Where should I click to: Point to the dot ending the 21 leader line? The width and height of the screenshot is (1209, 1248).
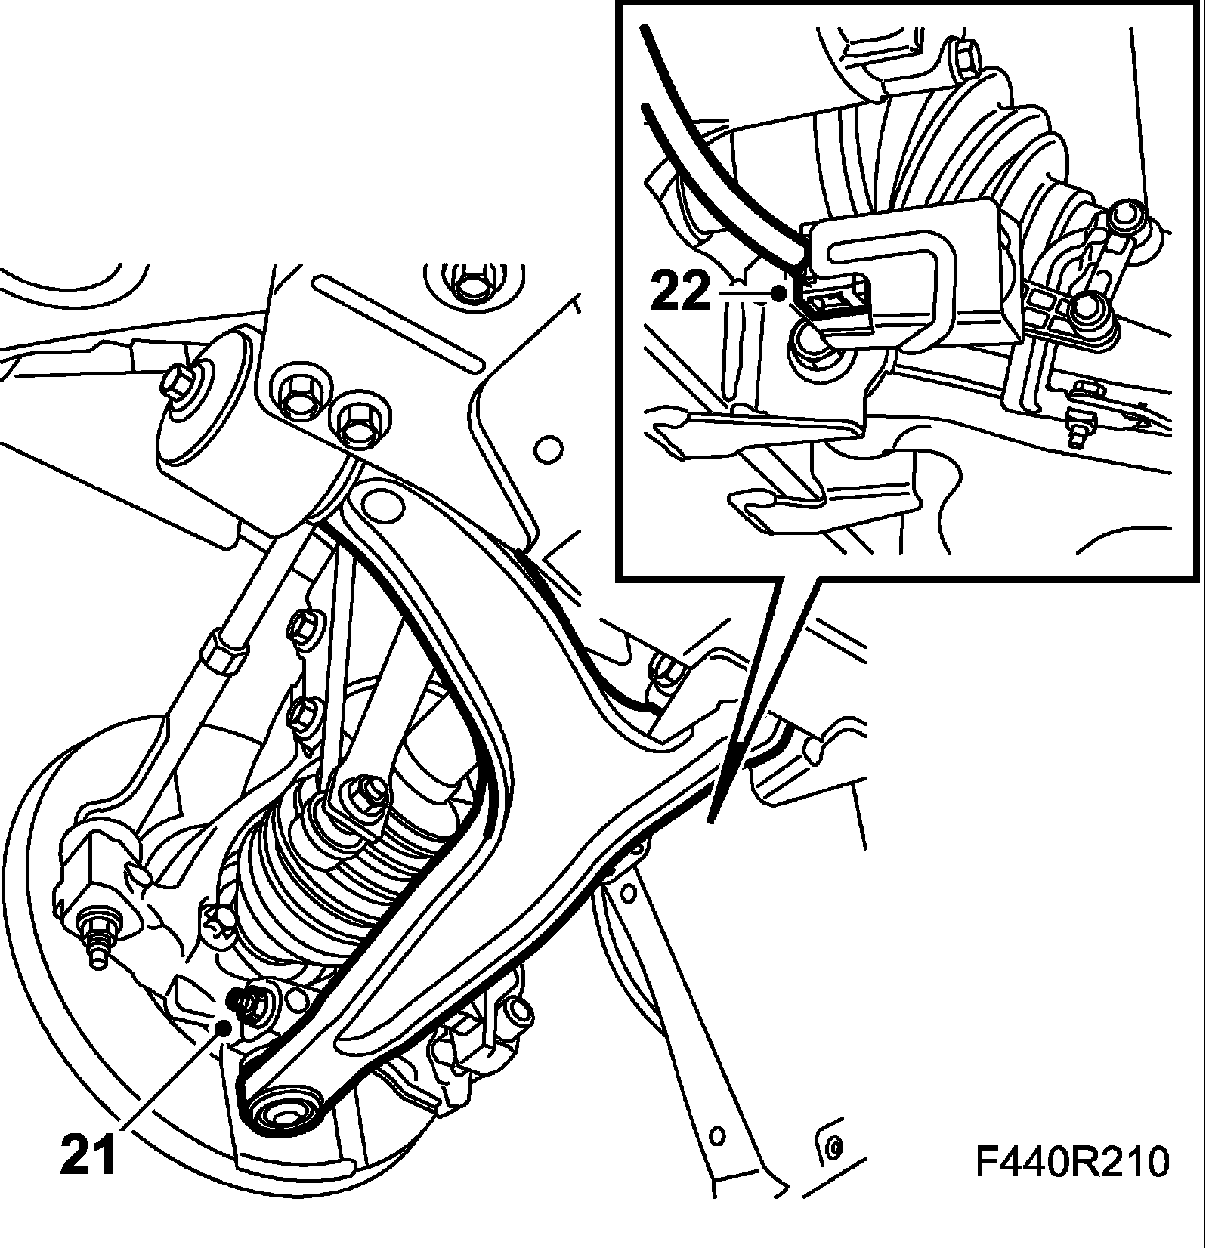223,1027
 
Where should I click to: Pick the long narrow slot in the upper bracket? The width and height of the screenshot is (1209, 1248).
397,323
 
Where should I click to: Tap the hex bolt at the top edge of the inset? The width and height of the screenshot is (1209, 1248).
964,60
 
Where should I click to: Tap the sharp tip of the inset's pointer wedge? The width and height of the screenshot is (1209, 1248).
710,821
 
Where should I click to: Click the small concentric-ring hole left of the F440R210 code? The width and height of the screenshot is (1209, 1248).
833,1169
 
